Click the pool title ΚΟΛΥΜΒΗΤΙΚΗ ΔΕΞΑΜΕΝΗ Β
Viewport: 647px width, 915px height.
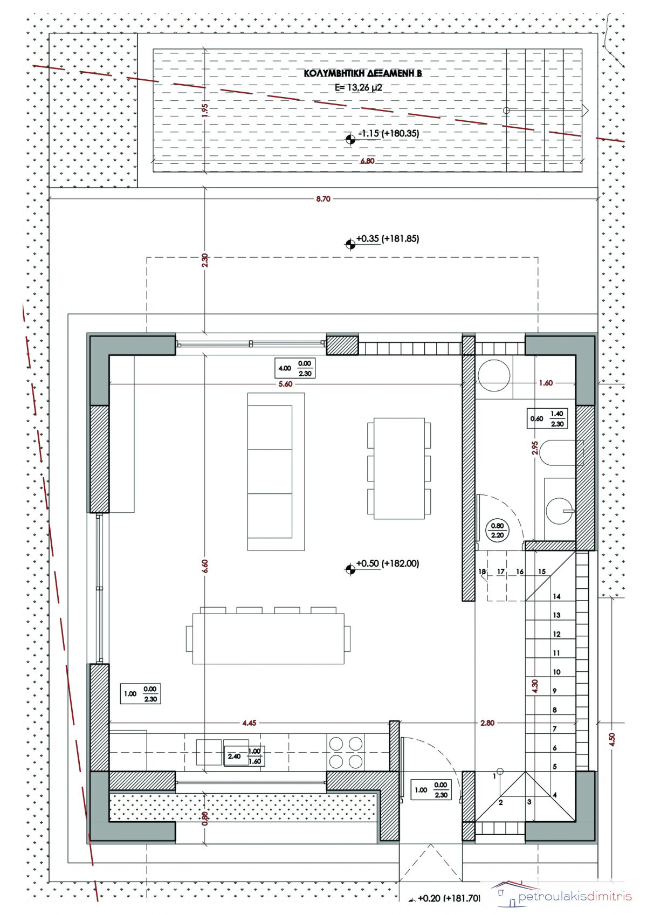[363, 73]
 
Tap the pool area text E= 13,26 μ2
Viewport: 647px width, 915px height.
[358, 87]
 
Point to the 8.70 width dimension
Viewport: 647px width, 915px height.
[323, 199]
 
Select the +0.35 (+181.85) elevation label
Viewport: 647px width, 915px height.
[388, 238]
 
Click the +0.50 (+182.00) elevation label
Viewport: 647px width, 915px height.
[388, 563]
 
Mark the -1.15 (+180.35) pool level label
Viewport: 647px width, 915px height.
[388, 133]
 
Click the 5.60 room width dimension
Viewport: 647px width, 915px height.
[285, 384]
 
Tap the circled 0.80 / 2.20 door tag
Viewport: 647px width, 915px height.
[497, 531]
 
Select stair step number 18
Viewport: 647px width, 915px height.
[482, 572]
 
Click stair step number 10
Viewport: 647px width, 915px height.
[557, 671]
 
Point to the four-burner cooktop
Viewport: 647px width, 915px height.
[346, 752]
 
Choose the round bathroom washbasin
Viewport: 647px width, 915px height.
[560, 511]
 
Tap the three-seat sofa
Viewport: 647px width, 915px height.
[276, 472]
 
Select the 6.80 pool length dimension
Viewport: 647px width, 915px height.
[367, 161]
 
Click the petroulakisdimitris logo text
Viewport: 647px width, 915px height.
[575, 897]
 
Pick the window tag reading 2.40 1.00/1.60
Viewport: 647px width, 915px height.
[244, 756]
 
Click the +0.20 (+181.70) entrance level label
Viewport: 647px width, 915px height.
[448, 898]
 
